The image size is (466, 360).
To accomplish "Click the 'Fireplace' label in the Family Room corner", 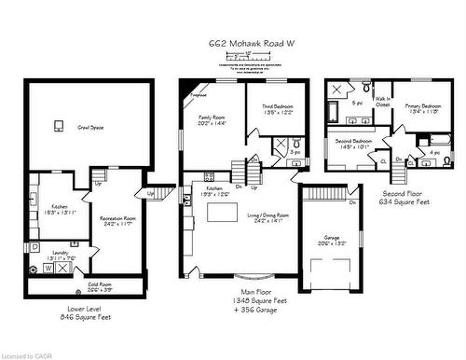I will point(197,95).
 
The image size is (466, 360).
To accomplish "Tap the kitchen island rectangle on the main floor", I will point(221,215).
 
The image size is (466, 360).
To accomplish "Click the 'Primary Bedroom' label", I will point(424,108).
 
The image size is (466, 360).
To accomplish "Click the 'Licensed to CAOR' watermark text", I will point(27,355).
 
